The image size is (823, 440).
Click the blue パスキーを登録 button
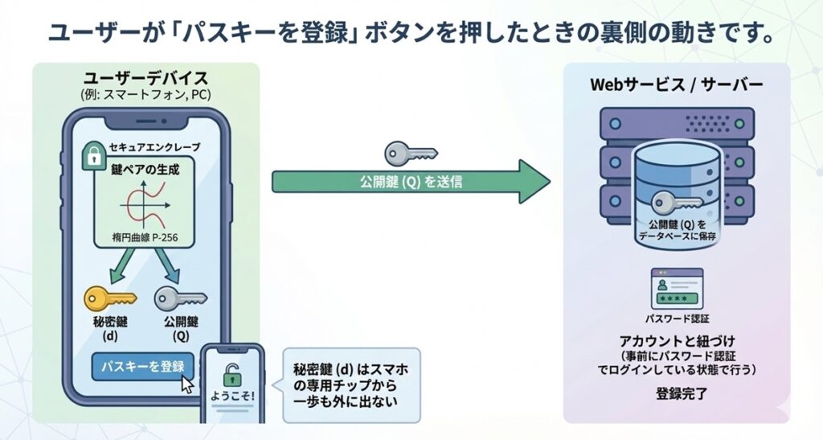click(x=143, y=367)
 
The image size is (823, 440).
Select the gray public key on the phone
click(x=179, y=298)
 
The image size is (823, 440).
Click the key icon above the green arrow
click(x=410, y=152)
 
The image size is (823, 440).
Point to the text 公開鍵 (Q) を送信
click(x=411, y=182)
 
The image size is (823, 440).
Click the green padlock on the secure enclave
click(x=94, y=155)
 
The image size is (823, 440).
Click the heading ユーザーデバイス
click(x=145, y=79)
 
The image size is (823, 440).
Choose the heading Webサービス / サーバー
click(x=677, y=84)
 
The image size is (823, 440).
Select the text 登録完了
click(x=676, y=395)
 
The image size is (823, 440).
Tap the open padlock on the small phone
click(x=232, y=374)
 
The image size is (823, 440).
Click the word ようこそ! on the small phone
click(x=232, y=397)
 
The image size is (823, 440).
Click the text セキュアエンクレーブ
click(x=158, y=148)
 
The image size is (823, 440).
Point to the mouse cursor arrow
click(x=187, y=383)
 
